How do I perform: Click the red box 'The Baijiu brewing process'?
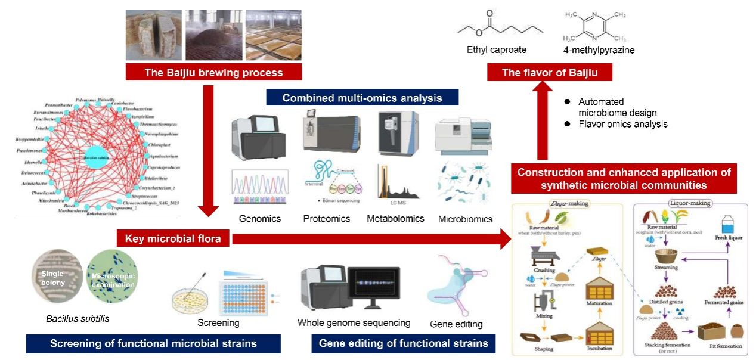point(213,73)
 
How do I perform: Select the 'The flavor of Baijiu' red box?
point(541,73)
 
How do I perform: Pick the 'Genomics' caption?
point(260,219)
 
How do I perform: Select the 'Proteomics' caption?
point(327,219)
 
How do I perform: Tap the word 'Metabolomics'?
point(395,219)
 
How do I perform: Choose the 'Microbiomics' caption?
point(466,219)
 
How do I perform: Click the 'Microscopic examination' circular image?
point(113,277)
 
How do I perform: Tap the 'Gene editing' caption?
point(456,325)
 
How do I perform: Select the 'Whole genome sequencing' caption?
point(354,323)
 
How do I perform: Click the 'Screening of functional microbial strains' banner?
point(153,343)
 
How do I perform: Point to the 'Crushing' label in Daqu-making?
point(544,270)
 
